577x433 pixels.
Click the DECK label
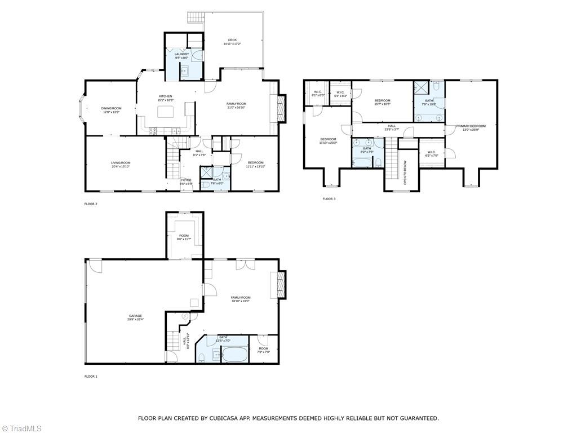pyautogui.click(x=232, y=40)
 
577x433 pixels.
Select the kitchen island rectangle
pyautogui.click(x=165, y=111)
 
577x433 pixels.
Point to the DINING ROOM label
pyautogui.click(x=111, y=108)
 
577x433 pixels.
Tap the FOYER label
pyautogui.click(x=186, y=180)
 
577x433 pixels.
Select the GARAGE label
pyautogui.click(x=135, y=316)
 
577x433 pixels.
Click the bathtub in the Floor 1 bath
pyautogui.click(x=234, y=355)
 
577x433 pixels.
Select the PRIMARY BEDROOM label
pyautogui.click(x=471, y=126)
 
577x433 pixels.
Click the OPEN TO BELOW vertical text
pyautogui.click(x=405, y=173)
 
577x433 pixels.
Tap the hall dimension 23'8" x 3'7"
pyautogui.click(x=392, y=130)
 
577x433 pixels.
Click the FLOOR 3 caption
pyautogui.click(x=329, y=198)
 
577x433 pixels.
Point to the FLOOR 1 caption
pyautogui.click(x=91, y=376)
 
